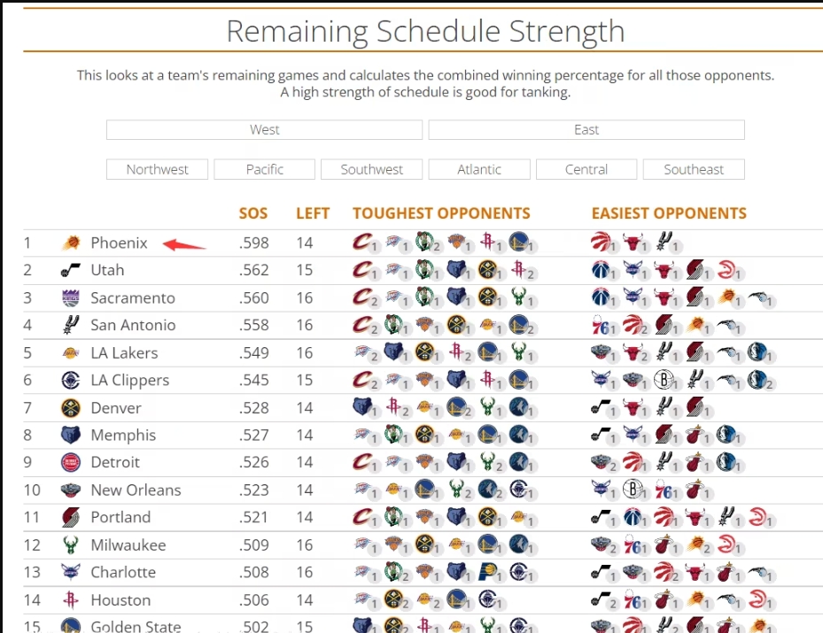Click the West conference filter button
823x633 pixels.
[264, 130]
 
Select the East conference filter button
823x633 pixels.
[586, 130]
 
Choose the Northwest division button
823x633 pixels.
[158, 169]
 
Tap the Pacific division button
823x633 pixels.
[265, 169]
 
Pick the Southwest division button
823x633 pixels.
[372, 169]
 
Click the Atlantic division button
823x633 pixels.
[479, 169]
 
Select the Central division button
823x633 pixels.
[586, 169]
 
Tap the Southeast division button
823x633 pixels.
[694, 169]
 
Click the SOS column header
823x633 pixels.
[253, 213]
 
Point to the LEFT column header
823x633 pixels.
[313, 213]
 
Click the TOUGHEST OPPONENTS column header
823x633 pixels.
[441, 213]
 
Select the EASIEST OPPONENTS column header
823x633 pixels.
[669, 213]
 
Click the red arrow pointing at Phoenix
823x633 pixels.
[186, 244]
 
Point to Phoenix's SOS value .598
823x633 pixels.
[253, 243]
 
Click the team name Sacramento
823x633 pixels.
[133, 297]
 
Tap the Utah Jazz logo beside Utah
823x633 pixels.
[71, 270]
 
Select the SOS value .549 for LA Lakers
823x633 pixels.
[253, 352]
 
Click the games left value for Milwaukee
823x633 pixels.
[305, 544]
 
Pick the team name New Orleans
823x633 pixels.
[136, 490]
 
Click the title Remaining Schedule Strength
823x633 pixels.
[425, 31]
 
